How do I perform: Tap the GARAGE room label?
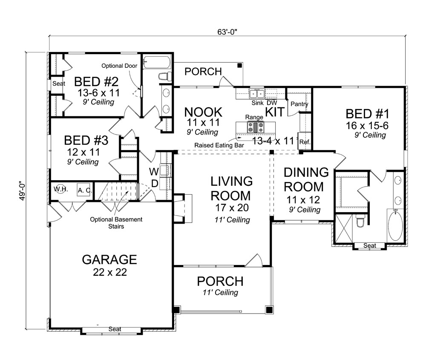[x=109, y=259]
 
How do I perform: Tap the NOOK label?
[x=203, y=112]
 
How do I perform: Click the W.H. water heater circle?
[x=59, y=190]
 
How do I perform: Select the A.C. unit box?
[x=83, y=190]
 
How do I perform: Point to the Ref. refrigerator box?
[x=304, y=142]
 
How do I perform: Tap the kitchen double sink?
[x=257, y=93]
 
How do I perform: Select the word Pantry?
[x=299, y=104]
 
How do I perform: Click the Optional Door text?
[x=119, y=66]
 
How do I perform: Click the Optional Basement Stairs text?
[x=116, y=223]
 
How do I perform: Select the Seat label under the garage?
[x=114, y=329]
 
